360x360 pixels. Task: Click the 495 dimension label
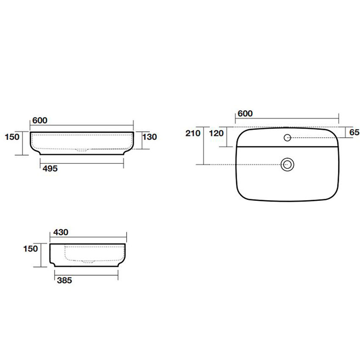50,169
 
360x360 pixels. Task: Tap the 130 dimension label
150,137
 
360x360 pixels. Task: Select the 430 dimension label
61,232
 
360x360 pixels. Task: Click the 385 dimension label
64,280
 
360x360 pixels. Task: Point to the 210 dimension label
193,133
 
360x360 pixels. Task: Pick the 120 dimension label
216,133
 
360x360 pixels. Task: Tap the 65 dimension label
354,132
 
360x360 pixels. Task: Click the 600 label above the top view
245,114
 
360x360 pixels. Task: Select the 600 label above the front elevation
40,120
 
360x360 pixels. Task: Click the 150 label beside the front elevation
12,137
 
